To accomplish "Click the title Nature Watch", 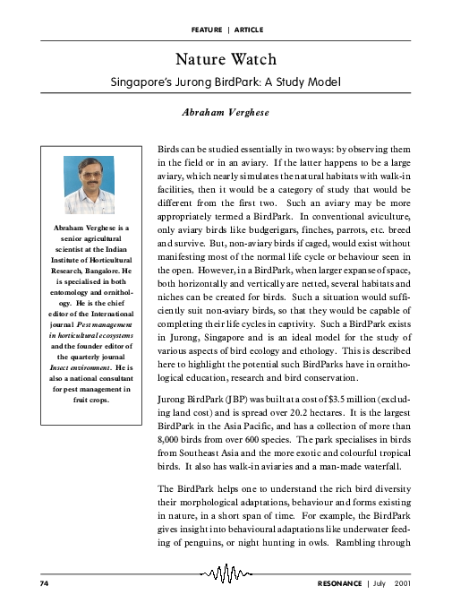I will click(226, 60).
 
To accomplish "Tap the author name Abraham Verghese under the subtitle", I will click(226, 114).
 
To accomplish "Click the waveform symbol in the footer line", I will click(226, 574).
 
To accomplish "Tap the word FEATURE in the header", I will click(207, 30).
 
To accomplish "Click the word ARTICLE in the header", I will click(249, 30).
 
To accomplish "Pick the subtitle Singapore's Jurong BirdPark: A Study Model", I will click(226, 82).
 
